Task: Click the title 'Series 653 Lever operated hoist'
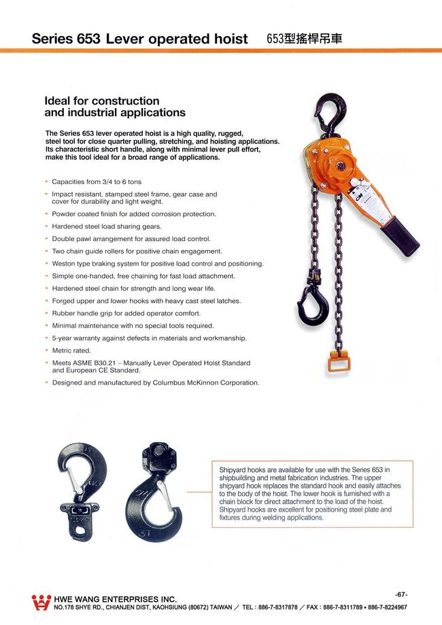[139, 39]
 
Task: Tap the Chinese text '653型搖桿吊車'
[305, 39]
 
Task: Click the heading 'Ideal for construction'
[101, 101]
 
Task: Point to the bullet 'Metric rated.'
[71, 351]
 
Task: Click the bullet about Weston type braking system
[158, 264]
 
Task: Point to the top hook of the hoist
[331, 112]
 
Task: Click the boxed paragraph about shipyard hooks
[311, 493]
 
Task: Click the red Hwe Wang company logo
[41, 602]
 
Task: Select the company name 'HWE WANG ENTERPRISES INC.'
[115, 599]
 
